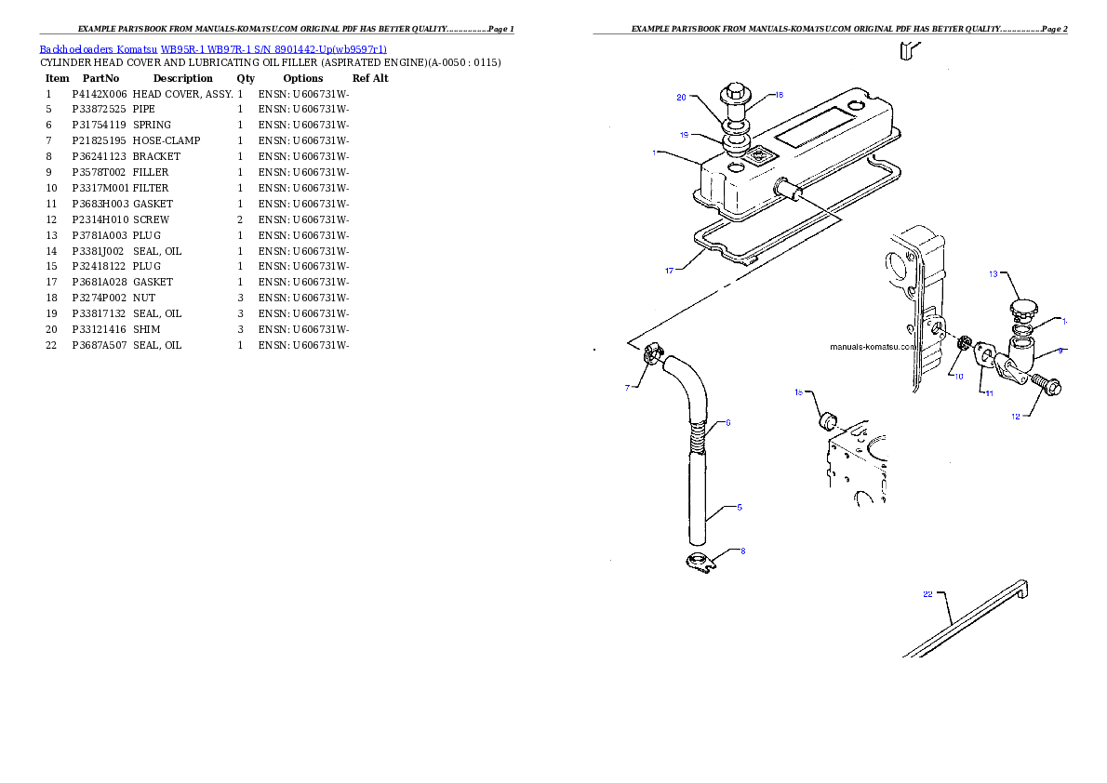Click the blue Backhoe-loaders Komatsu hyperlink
tap(213, 49)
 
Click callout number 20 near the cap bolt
tap(681, 97)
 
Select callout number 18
tap(779, 95)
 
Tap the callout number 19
tap(684, 135)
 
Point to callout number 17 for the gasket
tap(669, 271)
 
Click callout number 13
tap(993, 274)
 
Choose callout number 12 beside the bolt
tap(1017, 417)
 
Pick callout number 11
tap(989, 393)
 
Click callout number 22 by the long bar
tap(927, 594)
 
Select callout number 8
tap(742, 551)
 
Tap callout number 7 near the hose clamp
tap(628, 388)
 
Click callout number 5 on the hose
tap(739, 507)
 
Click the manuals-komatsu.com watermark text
tap(874, 346)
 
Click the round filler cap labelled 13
tap(1023, 308)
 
